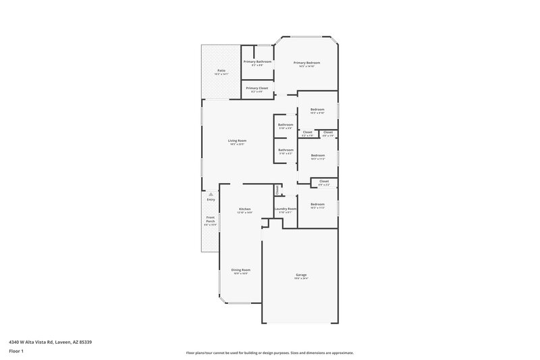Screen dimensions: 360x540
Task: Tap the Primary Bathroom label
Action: click(x=257, y=62)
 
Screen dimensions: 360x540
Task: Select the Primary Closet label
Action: click(x=257, y=88)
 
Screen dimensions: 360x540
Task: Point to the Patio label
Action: click(x=221, y=71)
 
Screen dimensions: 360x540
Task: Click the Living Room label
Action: click(x=237, y=140)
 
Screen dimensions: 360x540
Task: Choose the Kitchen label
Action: click(x=245, y=209)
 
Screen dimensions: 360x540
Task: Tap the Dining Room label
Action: click(x=240, y=269)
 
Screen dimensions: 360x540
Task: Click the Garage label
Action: click(x=301, y=275)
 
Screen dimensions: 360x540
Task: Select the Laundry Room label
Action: click(x=286, y=209)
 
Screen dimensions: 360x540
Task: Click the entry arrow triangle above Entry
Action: click(x=211, y=194)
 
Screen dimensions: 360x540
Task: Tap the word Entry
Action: click(x=211, y=199)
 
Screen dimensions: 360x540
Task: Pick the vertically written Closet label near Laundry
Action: click(x=277, y=190)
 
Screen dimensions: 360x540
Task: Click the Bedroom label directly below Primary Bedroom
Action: click(x=317, y=109)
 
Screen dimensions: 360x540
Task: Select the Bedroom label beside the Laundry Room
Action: click(x=317, y=204)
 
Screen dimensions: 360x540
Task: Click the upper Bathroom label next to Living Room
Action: click(x=286, y=124)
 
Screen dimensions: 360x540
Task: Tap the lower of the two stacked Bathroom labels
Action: click(x=286, y=150)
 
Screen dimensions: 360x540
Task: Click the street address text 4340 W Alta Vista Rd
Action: click(x=51, y=342)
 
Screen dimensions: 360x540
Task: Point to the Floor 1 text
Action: click(x=17, y=352)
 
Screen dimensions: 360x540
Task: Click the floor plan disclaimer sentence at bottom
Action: click(x=270, y=353)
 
